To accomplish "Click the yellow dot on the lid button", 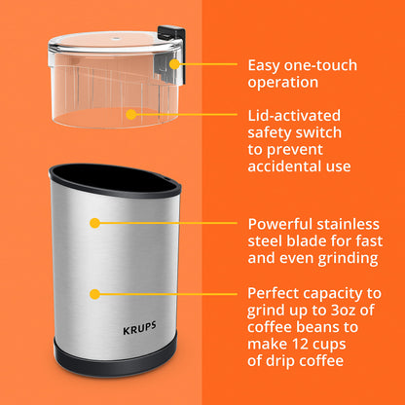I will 175,65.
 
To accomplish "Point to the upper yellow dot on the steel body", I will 94,222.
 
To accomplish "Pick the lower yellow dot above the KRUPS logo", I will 94,292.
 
